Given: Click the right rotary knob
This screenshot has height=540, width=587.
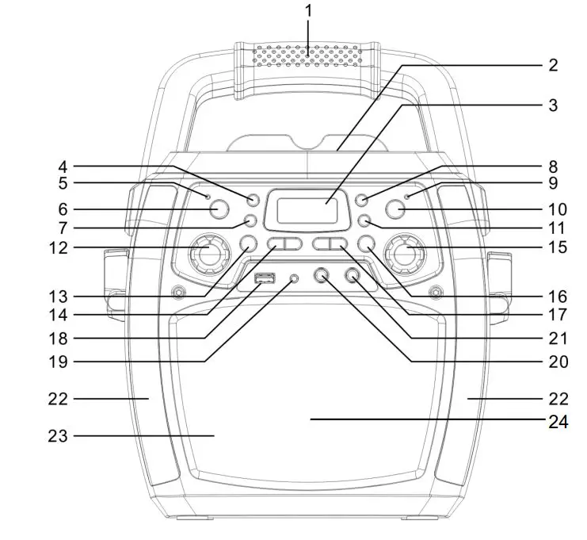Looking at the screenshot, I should coord(407,254).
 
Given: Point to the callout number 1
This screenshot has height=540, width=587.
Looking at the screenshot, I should coord(309,12).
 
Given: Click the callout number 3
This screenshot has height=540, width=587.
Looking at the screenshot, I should coord(552,105).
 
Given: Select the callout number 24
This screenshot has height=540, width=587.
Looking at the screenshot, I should coord(557,421).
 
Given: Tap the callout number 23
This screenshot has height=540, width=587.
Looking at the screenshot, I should coord(60,435).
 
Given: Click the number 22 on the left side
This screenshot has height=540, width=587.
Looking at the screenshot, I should coord(60,399).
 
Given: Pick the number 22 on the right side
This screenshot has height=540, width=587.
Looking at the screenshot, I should coord(557,398).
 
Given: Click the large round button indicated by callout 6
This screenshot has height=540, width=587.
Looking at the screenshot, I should coord(218,209).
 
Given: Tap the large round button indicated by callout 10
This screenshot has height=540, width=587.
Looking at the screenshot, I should coord(396,209).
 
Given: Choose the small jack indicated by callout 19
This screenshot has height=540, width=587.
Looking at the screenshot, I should coord(295,279).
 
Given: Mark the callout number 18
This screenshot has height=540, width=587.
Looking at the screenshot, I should coord(60,339).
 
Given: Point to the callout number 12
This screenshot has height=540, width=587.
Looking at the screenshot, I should coord(60,247).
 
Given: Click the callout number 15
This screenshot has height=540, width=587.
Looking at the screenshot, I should coord(557,247).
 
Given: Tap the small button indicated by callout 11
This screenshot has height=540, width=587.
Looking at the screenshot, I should coord(364,220).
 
